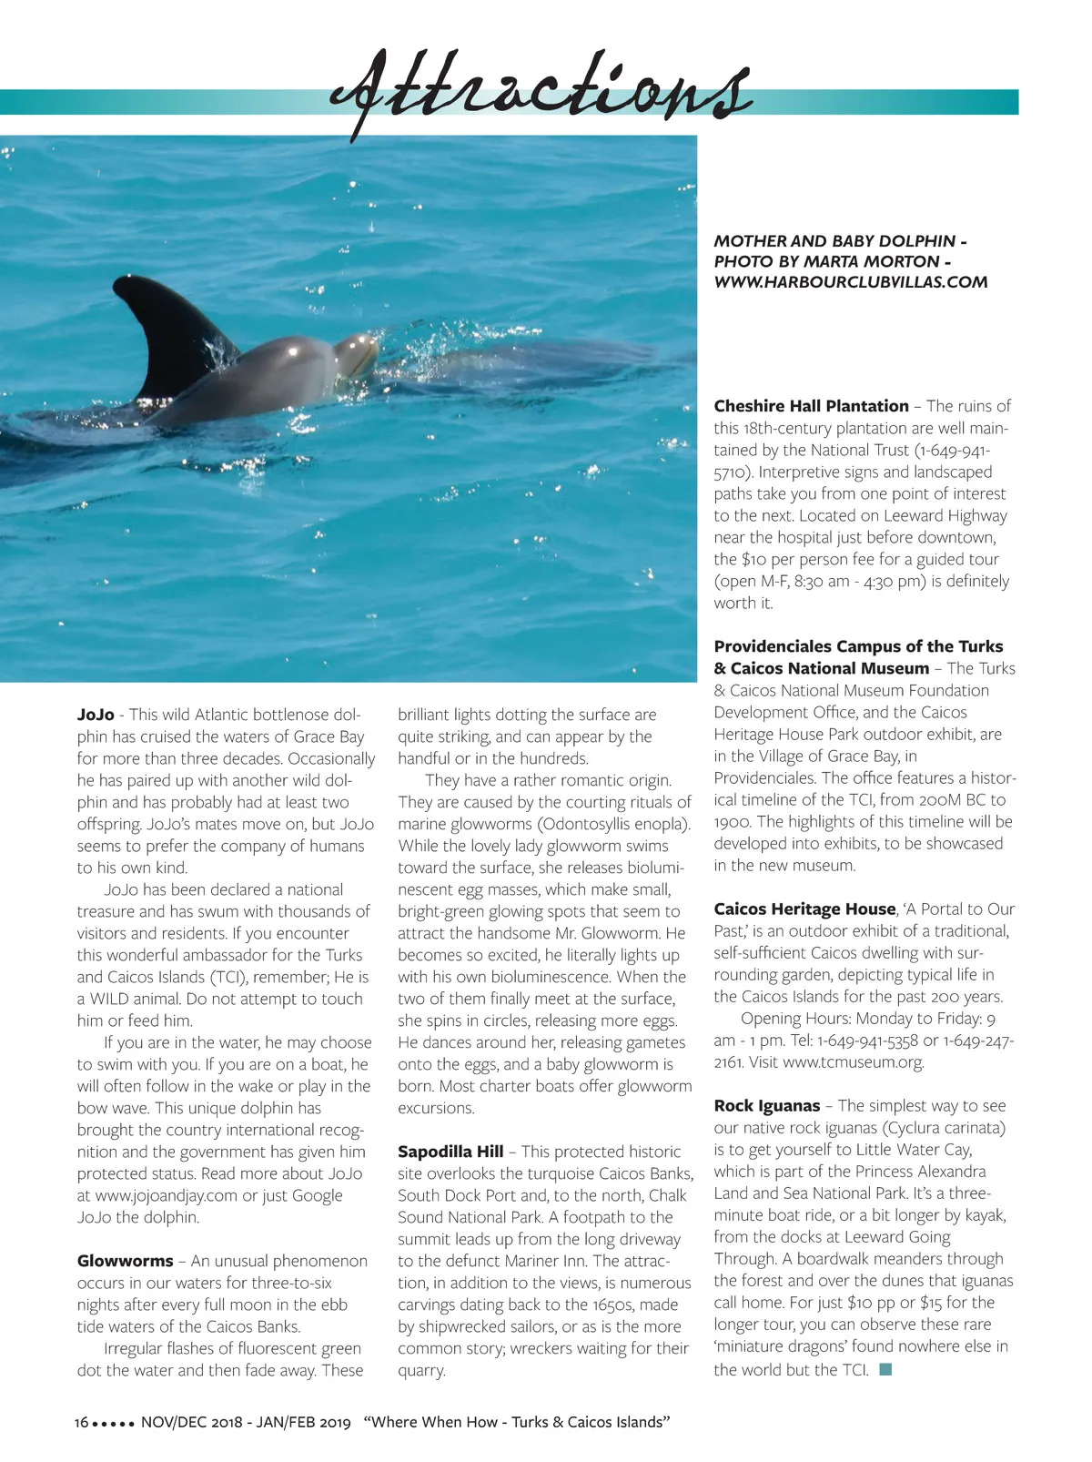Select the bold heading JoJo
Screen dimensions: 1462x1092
(x=96, y=715)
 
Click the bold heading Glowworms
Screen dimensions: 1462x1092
(x=125, y=1261)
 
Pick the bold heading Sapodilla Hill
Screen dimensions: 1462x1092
(x=450, y=1152)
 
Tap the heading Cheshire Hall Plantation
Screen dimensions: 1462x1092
(x=811, y=406)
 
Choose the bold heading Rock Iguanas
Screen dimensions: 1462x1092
(x=767, y=1106)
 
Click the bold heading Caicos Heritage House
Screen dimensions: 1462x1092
(x=804, y=909)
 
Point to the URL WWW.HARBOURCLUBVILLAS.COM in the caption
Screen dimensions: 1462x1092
(x=850, y=282)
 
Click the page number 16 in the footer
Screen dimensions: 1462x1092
(x=81, y=1422)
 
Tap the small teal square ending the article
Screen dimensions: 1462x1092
(x=885, y=1369)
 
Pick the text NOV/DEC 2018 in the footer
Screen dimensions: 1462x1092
(x=191, y=1422)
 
